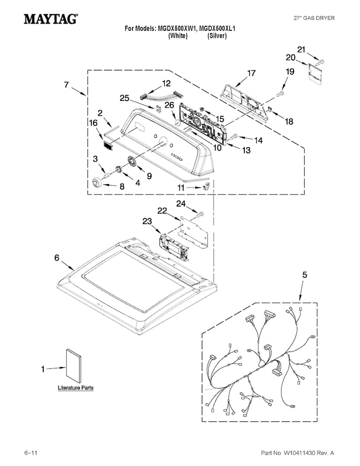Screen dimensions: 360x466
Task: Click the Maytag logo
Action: pos(51,19)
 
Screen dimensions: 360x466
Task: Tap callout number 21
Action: pos(301,49)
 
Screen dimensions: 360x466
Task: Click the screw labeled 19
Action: pos(280,93)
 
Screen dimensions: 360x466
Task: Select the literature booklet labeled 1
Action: pos(73,366)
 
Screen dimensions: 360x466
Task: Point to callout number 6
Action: pos(57,258)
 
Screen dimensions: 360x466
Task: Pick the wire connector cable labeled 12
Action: pos(160,96)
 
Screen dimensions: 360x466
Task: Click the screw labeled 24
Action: pos(201,213)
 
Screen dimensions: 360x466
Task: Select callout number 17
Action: pos(252,73)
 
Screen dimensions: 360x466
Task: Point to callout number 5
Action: pos(305,275)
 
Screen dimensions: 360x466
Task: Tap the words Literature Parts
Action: pos(75,388)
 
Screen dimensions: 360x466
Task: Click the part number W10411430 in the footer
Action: pos(300,453)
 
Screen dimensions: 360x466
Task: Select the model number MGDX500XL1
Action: pos(217,28)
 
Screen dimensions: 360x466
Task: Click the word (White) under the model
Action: pos(178,36)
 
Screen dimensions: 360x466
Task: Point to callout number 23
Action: pos(147,221)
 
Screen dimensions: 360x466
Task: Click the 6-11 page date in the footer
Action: pos(31,453)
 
